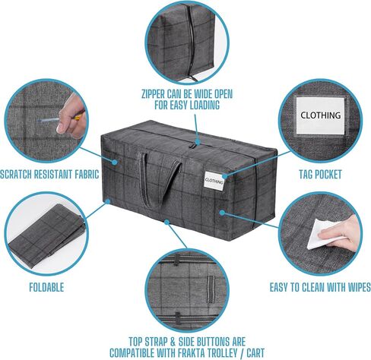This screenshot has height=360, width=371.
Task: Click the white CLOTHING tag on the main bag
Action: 214,180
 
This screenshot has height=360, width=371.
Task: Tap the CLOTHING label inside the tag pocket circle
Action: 321,115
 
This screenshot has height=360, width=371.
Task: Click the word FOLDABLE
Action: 46,287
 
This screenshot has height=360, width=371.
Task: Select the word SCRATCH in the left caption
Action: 16,175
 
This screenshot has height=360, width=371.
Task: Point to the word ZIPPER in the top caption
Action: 153,94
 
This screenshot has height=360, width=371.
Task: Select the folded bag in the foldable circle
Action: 46,234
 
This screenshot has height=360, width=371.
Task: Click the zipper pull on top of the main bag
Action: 194,147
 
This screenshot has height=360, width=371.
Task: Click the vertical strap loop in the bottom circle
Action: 211,289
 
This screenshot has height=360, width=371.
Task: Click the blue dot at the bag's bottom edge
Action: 166,222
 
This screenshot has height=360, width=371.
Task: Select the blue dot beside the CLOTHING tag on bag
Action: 225,176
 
